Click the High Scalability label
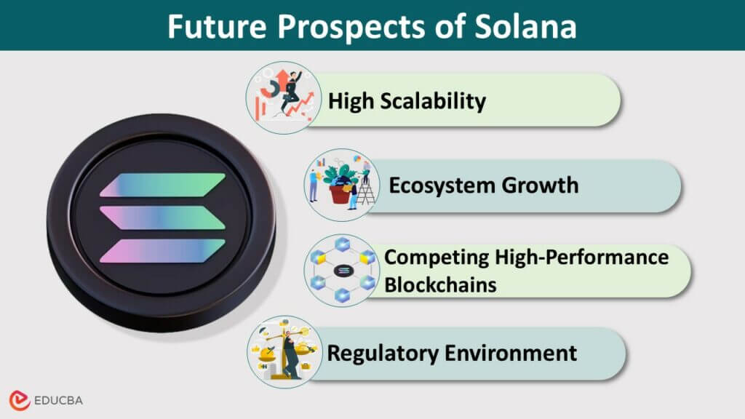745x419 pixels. point(407,100)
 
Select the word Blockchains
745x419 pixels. point(440,284)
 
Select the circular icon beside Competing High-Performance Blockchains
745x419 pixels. point(340,271)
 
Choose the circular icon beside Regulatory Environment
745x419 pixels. point(284,352)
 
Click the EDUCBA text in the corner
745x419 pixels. point(61,401)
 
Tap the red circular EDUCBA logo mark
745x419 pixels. point(20,400)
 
